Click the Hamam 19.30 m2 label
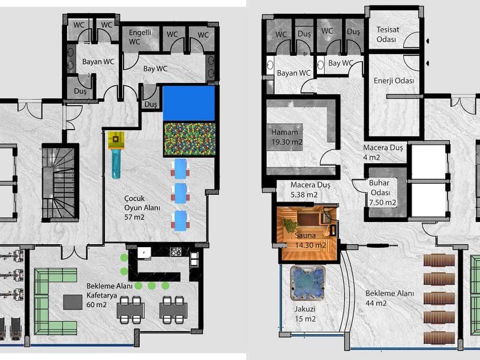(x=287, y=137)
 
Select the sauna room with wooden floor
(x=308, y=233)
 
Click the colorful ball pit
(x=190, y=139)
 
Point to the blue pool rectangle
(x=189, y=103)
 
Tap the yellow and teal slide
(x=116, y=155)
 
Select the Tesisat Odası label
(x=388, y=35)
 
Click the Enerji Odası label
(x=394, y=81)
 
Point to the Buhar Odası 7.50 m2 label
(x=382, y=193)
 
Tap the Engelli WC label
(x=140, y=37)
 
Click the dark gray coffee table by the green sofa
(x=73, y=302)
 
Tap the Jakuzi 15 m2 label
(x=305, y=314)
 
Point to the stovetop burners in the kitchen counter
(x=176, y=251)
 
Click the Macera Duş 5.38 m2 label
(x=310, y=190)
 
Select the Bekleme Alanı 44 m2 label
(x=389, y=298)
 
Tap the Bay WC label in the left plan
(x=155, y=68)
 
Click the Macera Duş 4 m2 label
(x=383, y=152)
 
